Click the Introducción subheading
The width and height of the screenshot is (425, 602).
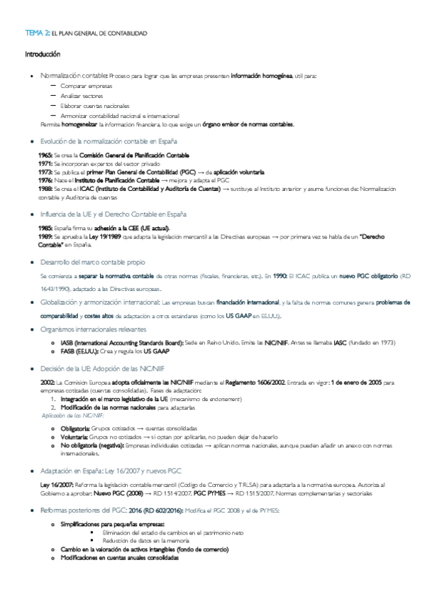[43, 54]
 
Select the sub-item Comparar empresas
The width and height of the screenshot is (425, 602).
[82, 85]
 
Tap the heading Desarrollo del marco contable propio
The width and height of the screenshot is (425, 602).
[93, 262]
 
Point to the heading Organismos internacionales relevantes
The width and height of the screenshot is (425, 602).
[94, 329]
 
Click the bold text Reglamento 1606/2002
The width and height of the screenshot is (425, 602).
[255, 383]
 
